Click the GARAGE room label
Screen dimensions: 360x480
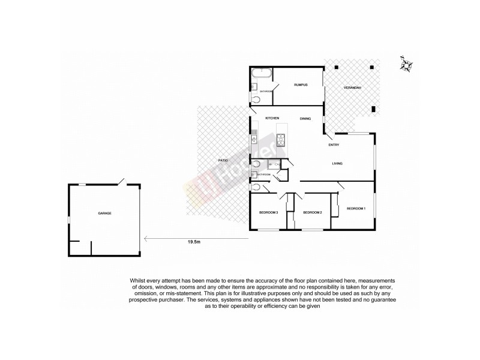[x=105, y=214]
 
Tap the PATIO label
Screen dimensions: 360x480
[x=223, y=161]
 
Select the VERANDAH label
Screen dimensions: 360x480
[x=352, y=88]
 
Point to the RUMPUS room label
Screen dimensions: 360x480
[x=301, y=85]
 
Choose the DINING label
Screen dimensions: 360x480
[x=305, y=119]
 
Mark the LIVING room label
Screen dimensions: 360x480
[x=339, y=163]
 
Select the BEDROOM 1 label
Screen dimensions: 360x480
[x=356, y=208]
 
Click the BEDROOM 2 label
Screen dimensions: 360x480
[x=313, y=213]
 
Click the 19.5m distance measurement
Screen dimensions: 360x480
[x=193, y=242]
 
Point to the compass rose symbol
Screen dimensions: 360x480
[x=406, y=64]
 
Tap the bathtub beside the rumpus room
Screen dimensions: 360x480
[x=261, y=74]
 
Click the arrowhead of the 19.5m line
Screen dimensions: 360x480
[x=145, y=238]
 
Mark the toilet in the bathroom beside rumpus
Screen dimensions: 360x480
[x=256, y=101]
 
